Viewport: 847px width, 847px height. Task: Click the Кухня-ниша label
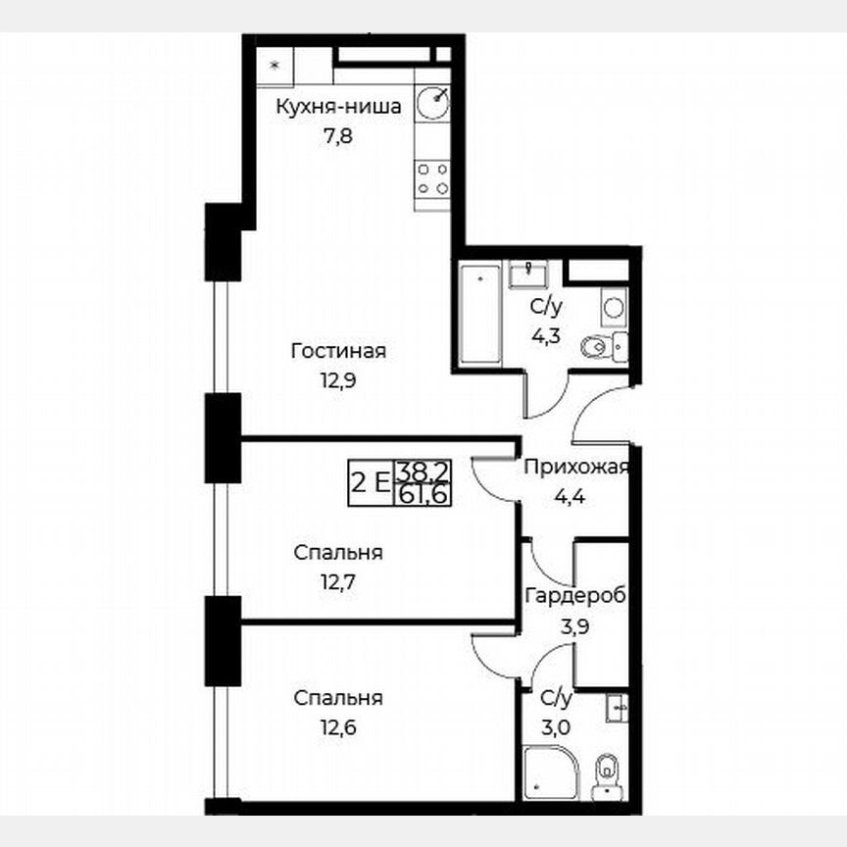(338, 107)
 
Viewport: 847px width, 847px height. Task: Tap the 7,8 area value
(338, 135)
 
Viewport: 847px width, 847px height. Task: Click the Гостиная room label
(338, 351)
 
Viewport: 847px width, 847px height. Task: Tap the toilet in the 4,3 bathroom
(597, 345)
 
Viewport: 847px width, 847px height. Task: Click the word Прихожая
(575, 468)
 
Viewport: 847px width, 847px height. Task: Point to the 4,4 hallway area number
(571, 495)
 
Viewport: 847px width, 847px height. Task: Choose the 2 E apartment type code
(371, 483)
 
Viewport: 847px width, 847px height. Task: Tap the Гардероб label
(575, 596)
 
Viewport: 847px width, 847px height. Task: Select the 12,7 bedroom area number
(338, 581)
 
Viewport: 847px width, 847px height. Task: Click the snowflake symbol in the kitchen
(274, 66)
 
